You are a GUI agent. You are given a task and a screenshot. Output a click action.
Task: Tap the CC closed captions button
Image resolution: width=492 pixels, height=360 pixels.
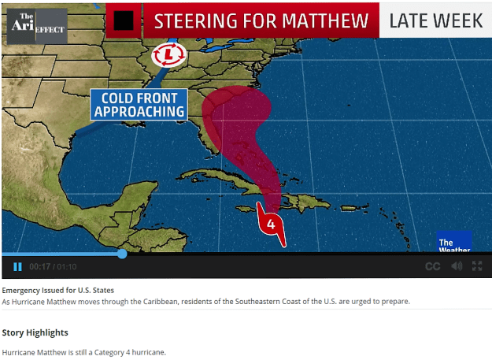point(432,266)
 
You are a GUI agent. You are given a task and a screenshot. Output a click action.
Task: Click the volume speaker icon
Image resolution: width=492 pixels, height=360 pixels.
point(457,266)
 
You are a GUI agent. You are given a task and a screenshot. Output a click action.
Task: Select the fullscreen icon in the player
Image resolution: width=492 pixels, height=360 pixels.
point(477,266)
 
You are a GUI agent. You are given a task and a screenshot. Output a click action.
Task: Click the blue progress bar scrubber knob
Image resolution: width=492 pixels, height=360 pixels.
point(122,254)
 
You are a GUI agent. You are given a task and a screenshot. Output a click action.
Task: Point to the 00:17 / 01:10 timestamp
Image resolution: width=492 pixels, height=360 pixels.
point(53,266)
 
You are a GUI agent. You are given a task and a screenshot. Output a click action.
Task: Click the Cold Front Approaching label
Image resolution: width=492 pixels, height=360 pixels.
point(139,104)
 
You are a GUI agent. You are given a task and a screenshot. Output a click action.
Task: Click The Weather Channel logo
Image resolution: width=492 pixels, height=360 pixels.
point(454,242)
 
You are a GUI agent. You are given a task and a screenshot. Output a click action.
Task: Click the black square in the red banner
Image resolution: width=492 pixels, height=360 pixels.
point(124,20)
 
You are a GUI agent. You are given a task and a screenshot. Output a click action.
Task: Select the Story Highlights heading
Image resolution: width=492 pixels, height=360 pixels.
point(35,332)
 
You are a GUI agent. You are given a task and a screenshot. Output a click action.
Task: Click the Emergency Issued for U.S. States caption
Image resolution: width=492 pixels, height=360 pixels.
point(58,290)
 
